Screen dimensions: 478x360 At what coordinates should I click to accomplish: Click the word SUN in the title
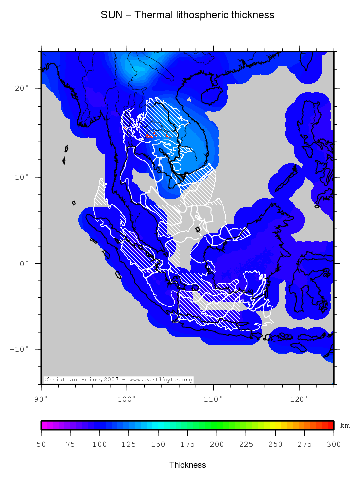tap(110, 15)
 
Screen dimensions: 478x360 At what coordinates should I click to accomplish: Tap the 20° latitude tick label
tap(22, 88)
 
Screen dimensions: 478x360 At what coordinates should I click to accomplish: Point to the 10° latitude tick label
tap(22, 177)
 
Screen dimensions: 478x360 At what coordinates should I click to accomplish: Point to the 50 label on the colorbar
tap(41, 444)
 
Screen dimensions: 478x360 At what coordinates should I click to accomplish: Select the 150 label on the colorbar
tap(158, 444)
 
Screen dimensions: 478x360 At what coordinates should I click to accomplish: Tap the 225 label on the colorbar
tap(246, 444)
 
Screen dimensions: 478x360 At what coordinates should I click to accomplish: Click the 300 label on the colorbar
tap(334, 444)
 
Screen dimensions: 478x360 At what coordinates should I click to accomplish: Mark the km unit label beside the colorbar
tap(345, 426)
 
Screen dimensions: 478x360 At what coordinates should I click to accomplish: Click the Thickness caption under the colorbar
tap(187, 465)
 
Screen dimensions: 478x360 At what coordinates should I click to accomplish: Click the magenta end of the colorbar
tap(45, 425)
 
